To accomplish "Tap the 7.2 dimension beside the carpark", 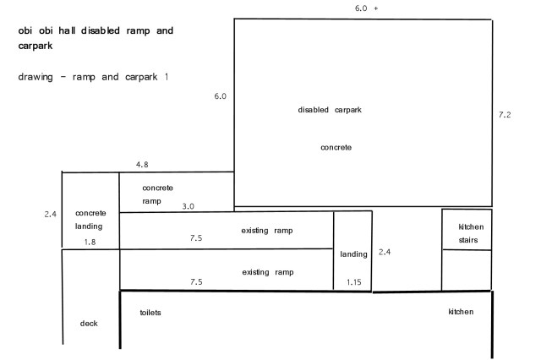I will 505,114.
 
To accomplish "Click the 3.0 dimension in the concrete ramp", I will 189,206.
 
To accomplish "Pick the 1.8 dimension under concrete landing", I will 90,243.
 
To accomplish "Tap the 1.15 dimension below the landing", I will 353,282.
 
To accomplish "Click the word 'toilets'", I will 150,313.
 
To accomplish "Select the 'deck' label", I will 89,324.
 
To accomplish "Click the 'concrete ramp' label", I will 157,194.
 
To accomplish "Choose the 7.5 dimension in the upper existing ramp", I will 196,238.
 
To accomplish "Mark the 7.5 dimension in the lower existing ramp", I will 196,282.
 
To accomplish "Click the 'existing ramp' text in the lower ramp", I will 267,272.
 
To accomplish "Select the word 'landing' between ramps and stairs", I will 353,254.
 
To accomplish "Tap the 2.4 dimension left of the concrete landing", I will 50,214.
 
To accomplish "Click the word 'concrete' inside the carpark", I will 336,147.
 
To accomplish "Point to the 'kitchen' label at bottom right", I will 461,313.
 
